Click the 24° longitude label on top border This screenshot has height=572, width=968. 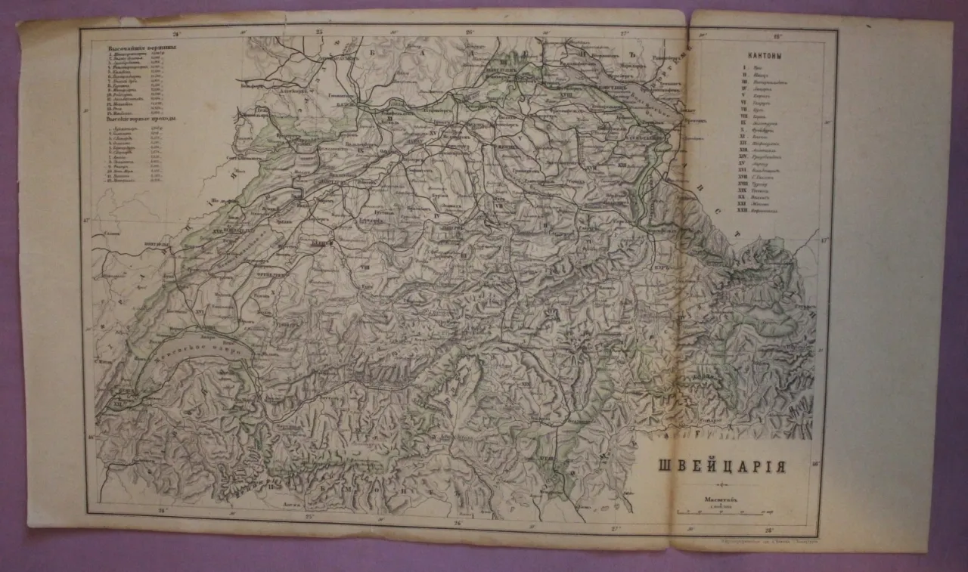coord(175,32)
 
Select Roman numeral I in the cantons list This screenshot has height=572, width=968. coord(745,67)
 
